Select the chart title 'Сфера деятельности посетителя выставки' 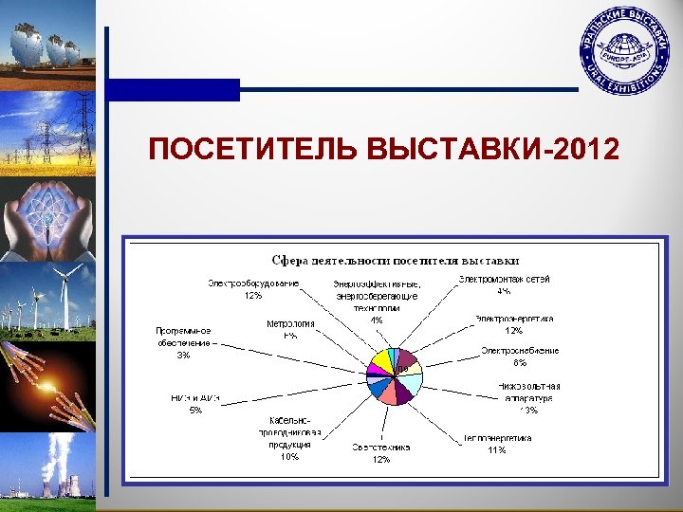396,260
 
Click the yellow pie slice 381,359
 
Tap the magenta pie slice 373,368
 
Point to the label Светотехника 380,447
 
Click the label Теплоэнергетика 497,438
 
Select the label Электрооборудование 253,283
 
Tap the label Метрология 290,323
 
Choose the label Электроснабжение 519,350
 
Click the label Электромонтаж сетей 504,279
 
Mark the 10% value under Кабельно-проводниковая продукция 289,457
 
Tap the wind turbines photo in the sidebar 47,301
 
